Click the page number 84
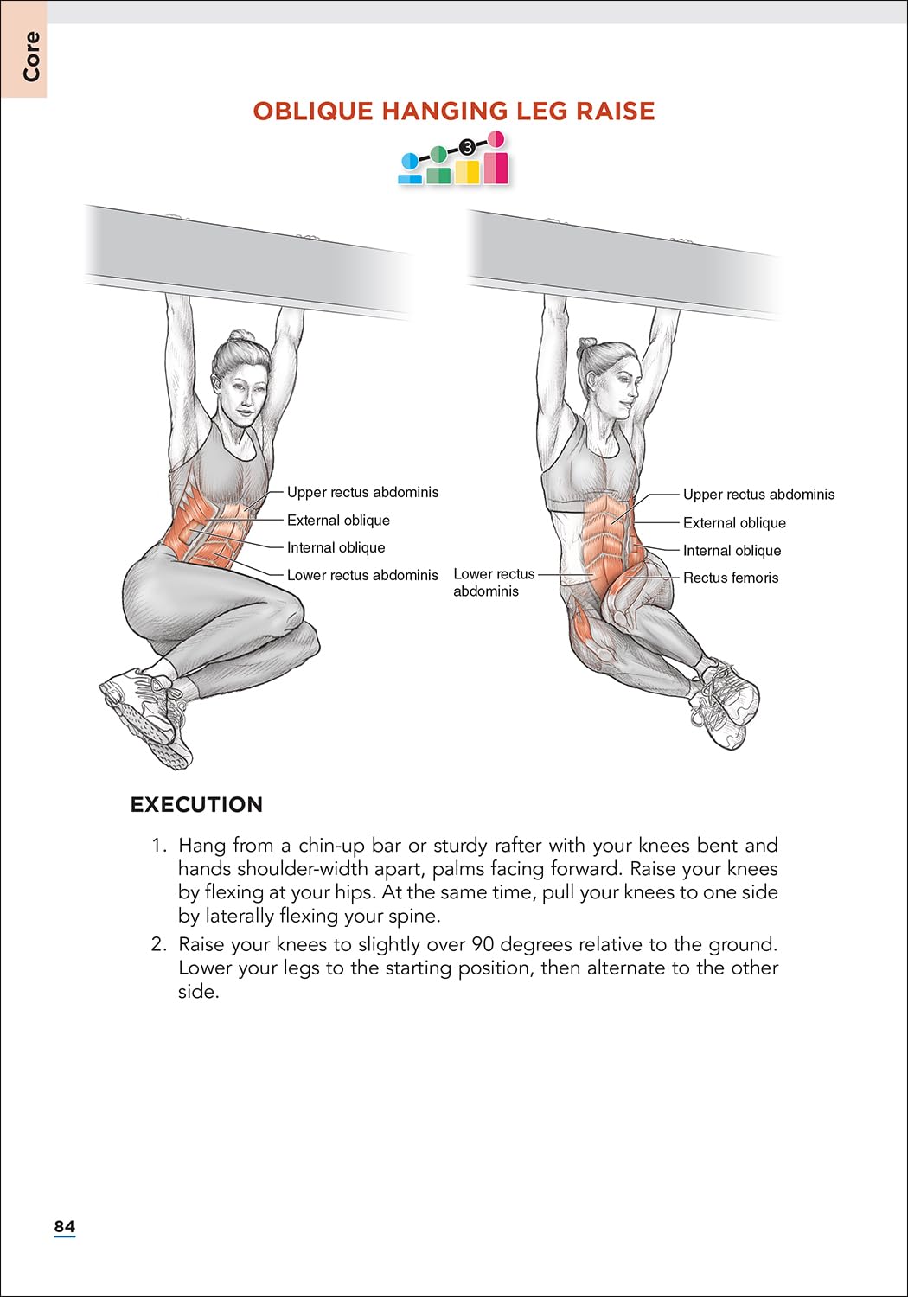coord(64,1226)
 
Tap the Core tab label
coord(31,57)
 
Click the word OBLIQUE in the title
coord(313,112)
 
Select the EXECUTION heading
coord(196,805)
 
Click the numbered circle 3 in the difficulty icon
coord(467,147)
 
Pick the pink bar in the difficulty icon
coord(496,167)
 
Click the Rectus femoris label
coord(731,578)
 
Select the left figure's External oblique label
coord(338,521)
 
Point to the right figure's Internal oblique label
coord(732,551)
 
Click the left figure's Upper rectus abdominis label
coord(362,493)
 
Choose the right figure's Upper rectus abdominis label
coord(758,495)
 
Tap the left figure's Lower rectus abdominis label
coord(362,575)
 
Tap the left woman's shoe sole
coord(143,718)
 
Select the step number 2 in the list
coord(158,944)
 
